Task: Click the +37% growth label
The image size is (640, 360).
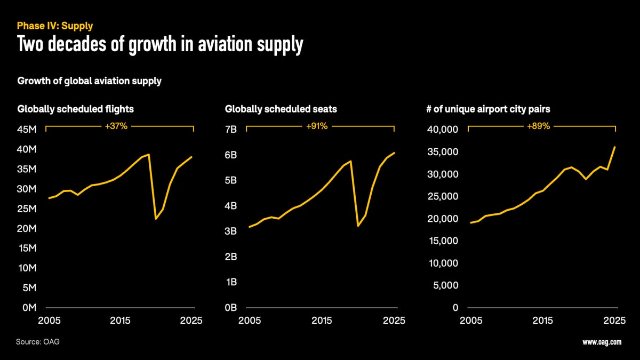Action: pos(117,126)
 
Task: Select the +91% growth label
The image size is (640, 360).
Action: pos(317,126)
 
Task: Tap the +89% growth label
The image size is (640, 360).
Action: pos(539,126)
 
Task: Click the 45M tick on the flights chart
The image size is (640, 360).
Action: pos(27,130)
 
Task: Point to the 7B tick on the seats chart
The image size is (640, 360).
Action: pos(231,130)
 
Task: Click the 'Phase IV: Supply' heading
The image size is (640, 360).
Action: pos(55,26)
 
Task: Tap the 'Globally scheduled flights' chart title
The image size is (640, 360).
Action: pos(75,109)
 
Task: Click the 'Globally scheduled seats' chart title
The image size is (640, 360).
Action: pos(281,109)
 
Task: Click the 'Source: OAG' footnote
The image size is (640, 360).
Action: pos(38,341)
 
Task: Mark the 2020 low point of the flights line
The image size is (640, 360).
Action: pos(156,219)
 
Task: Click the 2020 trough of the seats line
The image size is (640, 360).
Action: pos(358,226)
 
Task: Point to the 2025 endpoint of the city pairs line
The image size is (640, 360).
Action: pos(615,147)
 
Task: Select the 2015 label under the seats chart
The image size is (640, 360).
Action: pos(322,321)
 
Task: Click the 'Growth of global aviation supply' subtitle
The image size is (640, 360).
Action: pos(90,81)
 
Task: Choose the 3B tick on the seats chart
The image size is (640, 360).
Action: pos(231,231)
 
